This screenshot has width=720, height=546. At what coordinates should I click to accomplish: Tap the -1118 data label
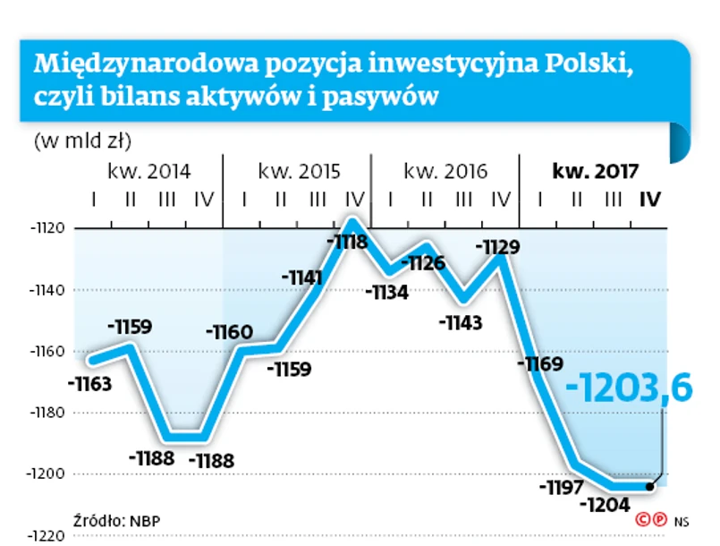pyautogui.click(x=347, y=241)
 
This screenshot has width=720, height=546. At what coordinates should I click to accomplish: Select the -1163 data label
pyautogui.click(x=89, y=385)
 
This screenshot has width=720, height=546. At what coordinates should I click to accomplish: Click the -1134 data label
pyautogui.click(x=387, y=292)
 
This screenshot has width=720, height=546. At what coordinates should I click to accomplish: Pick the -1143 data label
pyautogui.click(x=462, y=322)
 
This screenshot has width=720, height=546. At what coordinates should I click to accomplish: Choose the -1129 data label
pyautogui.click(x=498, y=244)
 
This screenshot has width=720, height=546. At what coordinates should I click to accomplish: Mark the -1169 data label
pyautogui.click(x=540, y=363)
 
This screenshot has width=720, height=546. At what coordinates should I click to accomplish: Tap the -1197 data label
pyautogui.click(x=562, y=487)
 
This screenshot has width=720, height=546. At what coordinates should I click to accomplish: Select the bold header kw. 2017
pyautogui.click(x=595, y=171)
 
